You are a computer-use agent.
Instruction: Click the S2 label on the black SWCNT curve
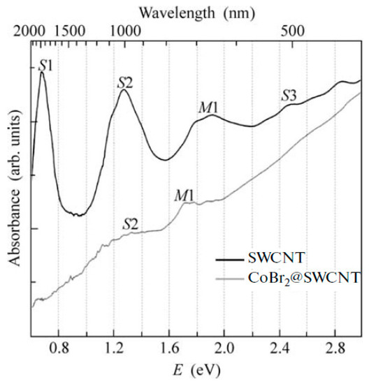click(125, 82)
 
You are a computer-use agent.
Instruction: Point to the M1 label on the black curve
click(209, 107)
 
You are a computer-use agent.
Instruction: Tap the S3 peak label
click(289, 95)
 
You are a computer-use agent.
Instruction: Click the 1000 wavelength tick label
click(126, 31)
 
